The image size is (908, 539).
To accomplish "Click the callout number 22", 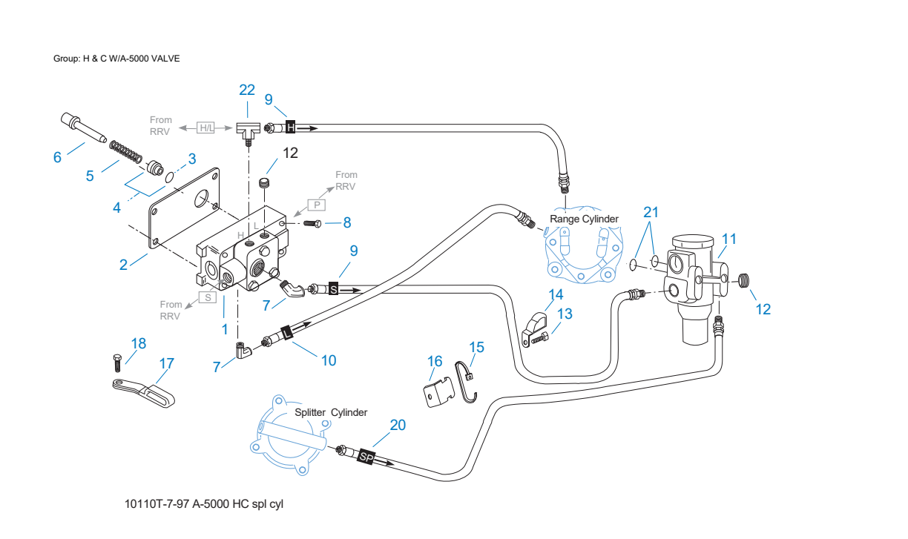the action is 247,90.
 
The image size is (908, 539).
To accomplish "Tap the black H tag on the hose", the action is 291,128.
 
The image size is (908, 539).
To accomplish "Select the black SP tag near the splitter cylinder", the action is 366,457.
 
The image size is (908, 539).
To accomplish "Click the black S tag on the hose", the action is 333,289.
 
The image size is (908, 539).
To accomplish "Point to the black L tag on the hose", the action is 287,333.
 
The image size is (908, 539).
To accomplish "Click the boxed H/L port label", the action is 206,128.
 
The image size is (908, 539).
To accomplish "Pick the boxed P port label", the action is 317,205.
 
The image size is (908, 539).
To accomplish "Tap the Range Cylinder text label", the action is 584,219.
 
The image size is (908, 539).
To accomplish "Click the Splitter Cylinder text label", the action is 331,412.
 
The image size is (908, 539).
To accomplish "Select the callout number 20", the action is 398,425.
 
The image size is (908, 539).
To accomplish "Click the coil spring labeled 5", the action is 125,151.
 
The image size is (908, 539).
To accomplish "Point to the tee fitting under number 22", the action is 248,132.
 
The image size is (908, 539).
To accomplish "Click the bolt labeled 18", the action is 117,363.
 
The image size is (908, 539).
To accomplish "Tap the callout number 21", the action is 651,212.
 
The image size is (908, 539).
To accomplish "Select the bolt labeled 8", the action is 312,223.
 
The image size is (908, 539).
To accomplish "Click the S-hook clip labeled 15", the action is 466,382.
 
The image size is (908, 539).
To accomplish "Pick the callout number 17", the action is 167,364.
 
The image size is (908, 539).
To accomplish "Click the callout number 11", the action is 728,239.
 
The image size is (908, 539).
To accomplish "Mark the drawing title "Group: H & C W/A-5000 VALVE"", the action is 116,59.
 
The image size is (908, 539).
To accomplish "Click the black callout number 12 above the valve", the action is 290,153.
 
